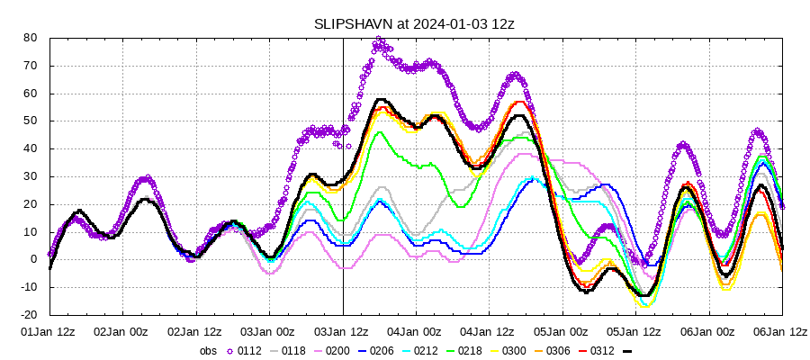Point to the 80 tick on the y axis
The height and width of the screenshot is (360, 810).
(x=30, y=38)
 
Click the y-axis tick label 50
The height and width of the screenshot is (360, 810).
(x=30, y=121)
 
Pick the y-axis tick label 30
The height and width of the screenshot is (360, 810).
(x=30, y=176)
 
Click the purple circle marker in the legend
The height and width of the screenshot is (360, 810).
(x=231, y=351)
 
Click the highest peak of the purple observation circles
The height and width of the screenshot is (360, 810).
(x=379, y=40)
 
